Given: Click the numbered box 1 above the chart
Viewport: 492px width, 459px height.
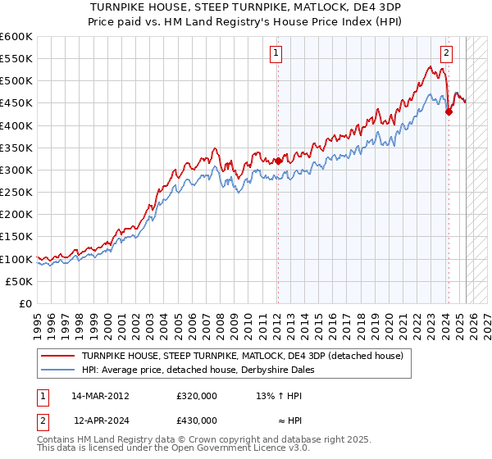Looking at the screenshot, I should (276, 54).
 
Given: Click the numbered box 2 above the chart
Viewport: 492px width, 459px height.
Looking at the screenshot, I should (447, 54).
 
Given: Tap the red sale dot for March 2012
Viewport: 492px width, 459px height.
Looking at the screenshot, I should (278, 161).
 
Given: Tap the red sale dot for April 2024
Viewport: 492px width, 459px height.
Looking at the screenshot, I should (449, 112).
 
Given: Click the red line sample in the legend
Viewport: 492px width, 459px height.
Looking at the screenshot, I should (58, 357).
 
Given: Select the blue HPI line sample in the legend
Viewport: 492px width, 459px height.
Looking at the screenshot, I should (58, 370).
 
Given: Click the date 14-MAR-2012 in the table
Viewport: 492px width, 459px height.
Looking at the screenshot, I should (100, 395).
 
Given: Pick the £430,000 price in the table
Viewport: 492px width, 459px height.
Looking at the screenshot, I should (197, 420).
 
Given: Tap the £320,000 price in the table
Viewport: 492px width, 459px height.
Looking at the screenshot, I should (197, 395).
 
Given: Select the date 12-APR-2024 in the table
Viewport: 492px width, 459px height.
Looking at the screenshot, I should (100, 420).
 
